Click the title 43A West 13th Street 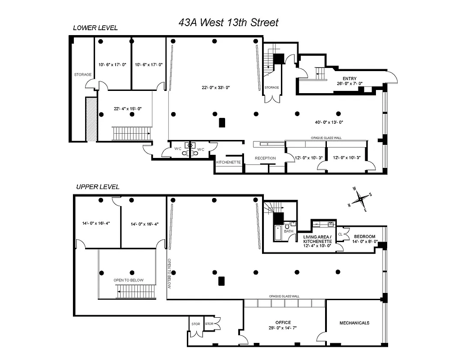tap(228, 22)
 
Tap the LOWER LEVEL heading tap(95, 28)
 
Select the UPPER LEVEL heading tap(98, 187)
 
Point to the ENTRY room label tap(349, 79)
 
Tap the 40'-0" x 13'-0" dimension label tap(329, 122)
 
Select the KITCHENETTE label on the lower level tap(229, 162)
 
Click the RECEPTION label tap(265, 158)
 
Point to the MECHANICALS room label tap(354, 323)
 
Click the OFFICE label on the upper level tap(283, 322)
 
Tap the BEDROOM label tap(365, 237)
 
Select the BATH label tap(288, 231)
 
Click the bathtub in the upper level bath tap(277, 234)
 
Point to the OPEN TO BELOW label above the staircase tap(128, 280)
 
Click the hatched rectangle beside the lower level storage tap(91, 119)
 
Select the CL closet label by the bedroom tap(341, 234)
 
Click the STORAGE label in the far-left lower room tap(83, 75)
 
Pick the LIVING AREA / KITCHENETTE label tap(317, 239)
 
